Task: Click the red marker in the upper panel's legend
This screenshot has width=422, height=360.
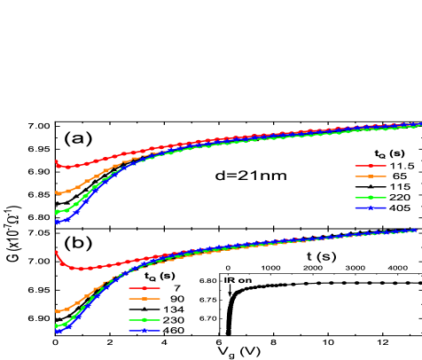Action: (371, 166)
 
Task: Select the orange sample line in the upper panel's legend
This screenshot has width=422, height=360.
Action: (371, 176)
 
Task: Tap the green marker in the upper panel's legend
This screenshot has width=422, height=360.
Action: (371, 198)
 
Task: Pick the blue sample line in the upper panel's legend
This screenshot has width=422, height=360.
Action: (371, 208)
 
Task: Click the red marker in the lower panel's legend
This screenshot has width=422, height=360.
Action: (145, 288)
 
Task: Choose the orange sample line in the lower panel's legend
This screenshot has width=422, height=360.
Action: (145, 299)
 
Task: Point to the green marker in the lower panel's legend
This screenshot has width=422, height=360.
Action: (145, 320)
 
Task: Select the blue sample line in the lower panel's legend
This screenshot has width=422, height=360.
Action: (145, 331)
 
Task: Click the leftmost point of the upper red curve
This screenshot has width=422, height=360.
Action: (56, 161)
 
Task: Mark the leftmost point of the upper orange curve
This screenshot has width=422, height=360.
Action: (57, 192)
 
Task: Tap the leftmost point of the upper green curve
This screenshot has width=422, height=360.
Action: (57, 212)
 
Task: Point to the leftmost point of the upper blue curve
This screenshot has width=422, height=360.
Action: (57, 222)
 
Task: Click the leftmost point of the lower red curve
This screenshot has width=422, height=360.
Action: (56, 251)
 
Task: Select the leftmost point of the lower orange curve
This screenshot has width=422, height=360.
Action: (57, 311)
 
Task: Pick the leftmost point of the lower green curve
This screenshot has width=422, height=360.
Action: (57, 326)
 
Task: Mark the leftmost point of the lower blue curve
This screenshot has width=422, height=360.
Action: (57, 331)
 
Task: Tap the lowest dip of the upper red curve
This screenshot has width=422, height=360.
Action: (66, 167)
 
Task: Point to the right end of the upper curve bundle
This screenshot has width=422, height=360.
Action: (419, 124)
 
